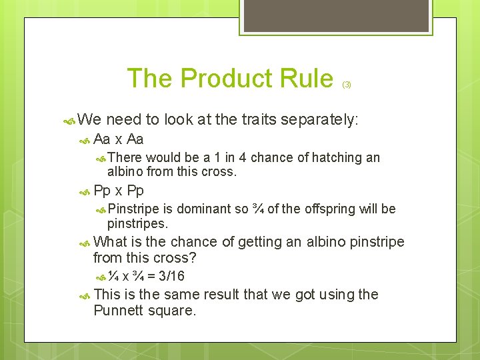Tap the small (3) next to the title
[x=347, y=85]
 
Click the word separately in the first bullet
[x=319, y=120]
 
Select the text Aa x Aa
[x=119, y=139]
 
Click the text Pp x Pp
[x=119, y=191]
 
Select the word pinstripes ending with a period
[x=137, y=223]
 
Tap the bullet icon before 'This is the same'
[x=85, y=295]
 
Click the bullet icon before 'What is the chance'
[x=85, y=243]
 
